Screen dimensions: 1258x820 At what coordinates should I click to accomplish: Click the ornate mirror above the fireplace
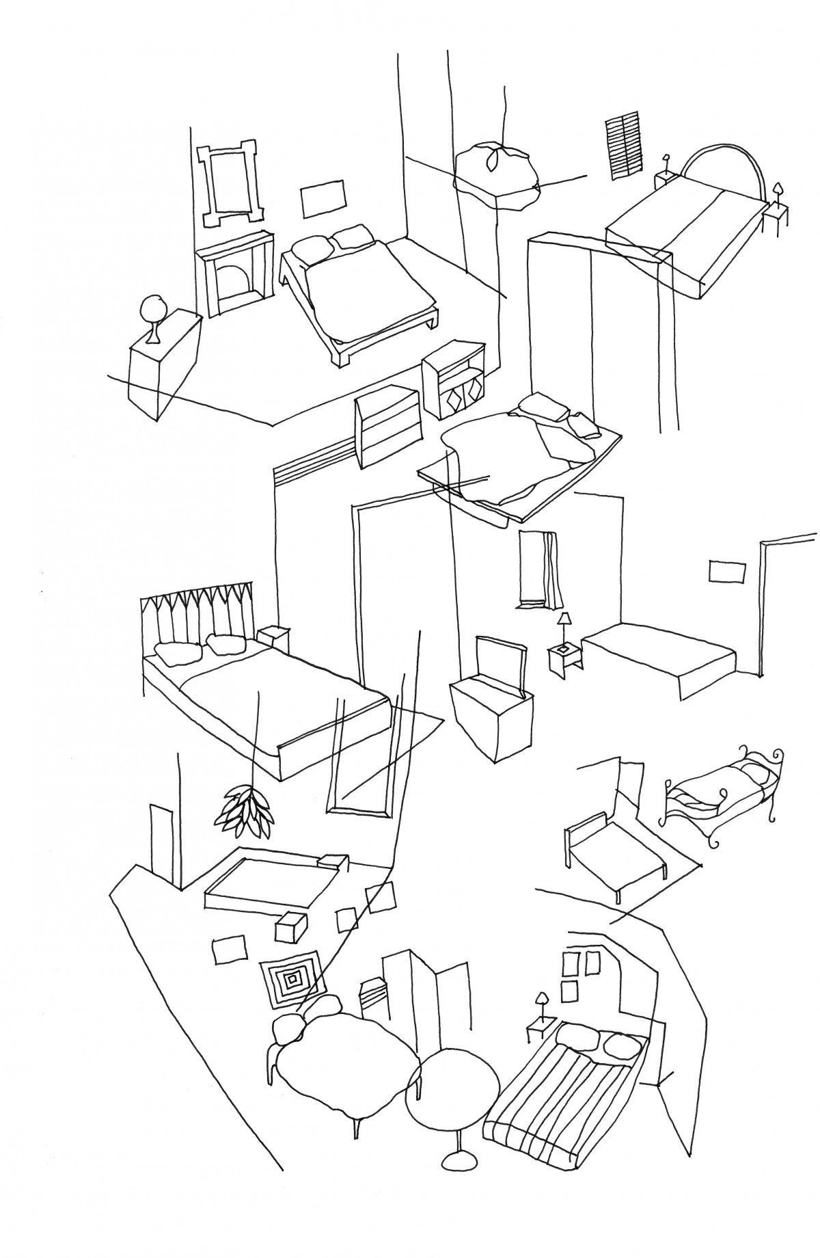tap(229, 183)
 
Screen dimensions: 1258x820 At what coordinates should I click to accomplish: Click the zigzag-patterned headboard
tap(197, 612)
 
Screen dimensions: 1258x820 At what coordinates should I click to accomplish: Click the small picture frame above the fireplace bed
tap(323, 198)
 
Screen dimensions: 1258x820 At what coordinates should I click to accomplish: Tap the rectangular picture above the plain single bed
tap(726, 572)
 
